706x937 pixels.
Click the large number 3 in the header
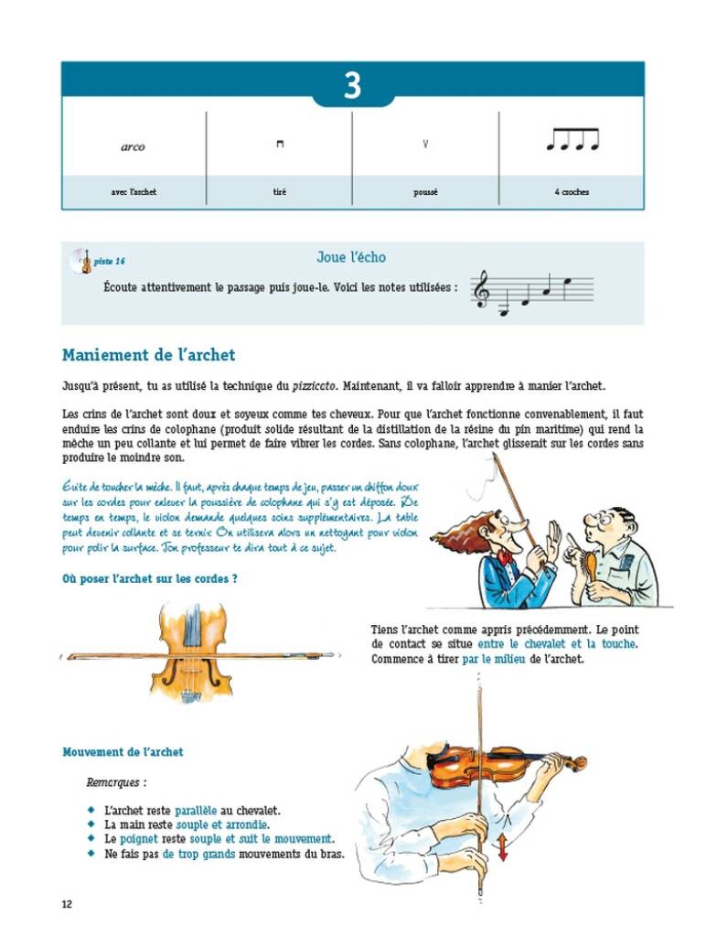[352, 86]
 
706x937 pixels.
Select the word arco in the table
[133, 146]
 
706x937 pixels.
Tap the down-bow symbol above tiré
[280, 144]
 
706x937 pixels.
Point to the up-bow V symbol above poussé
[425, 144]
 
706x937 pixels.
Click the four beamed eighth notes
[572, 139]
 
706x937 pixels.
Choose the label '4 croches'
[572, 192]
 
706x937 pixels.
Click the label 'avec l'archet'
[133, 192]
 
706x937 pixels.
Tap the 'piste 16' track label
[110, 262]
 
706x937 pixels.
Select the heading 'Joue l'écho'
[351, 258]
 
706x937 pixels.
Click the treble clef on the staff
[480, 291]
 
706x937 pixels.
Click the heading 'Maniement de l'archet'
[148, 355]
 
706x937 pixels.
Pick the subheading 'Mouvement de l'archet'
[123, 752]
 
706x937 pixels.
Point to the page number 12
[67, 904]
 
